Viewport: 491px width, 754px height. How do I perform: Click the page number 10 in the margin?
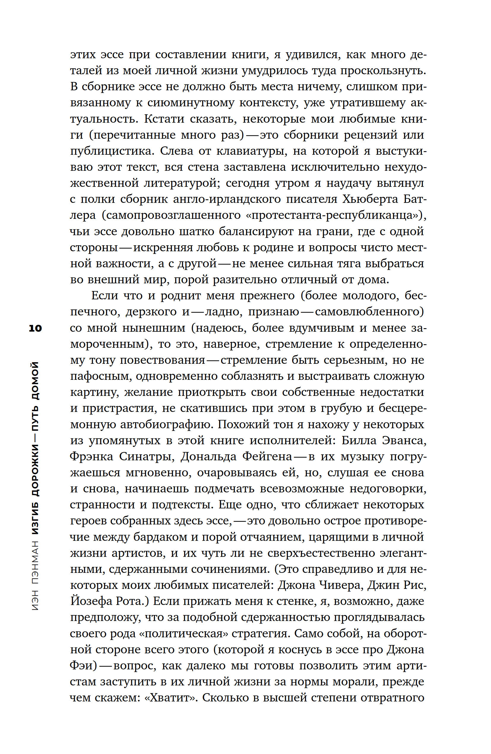pyautogui.click(x=35, y=328)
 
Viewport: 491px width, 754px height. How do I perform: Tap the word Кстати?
pyautogui.click(x=164, y=119)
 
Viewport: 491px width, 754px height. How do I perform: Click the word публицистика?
pyautogui.click(x=112, y=151)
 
